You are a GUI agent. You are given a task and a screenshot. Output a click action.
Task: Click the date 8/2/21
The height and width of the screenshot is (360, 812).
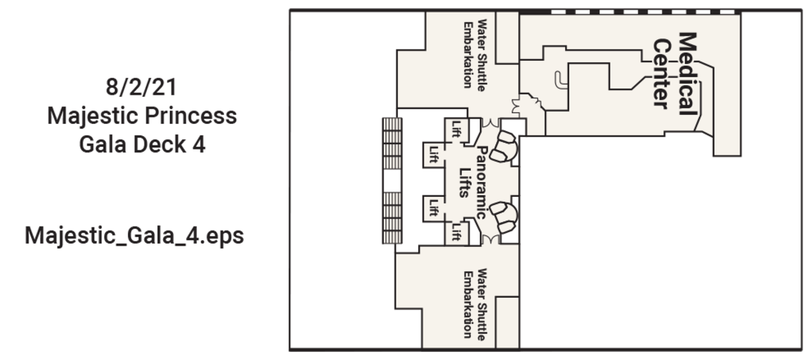point(141,87)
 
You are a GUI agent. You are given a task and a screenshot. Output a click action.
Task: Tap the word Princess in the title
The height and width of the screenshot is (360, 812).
point(191,116)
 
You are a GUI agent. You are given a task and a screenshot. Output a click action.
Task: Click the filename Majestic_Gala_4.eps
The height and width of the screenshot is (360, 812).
point(134,236)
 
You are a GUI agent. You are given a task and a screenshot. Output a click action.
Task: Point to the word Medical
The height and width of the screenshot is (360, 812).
point(688,74)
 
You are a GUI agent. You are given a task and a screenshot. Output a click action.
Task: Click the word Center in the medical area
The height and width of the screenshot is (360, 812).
point(662,74)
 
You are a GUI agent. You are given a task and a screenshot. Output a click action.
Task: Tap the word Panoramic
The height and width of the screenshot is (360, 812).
point(481,182)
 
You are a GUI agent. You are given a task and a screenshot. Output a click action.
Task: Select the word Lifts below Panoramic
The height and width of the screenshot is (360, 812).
point(465,183)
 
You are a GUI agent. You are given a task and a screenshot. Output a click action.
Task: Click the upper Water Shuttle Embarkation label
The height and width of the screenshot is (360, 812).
point(475,55)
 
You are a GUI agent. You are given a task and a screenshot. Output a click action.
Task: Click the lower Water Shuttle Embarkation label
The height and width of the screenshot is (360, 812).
point(475,304)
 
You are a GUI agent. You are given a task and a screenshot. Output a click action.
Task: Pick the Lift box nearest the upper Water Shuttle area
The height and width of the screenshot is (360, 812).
point(456,130)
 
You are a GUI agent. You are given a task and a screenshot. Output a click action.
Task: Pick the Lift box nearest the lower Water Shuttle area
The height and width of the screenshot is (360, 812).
point(456,233)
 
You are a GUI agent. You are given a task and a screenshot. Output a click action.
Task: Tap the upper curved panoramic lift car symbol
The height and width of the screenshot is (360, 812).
point(504,145)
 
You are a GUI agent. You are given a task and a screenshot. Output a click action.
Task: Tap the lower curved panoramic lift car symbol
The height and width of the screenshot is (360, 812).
point(504,217)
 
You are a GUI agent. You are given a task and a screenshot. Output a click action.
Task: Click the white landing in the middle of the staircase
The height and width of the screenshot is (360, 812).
point(392,181)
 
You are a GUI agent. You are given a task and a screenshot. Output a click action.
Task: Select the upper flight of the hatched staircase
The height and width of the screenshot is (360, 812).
point(392,143)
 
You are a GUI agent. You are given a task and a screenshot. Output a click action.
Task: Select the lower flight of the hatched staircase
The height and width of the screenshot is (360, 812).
point(392,218)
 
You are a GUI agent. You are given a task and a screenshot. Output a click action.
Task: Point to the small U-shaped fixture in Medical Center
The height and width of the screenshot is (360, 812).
point(561,79)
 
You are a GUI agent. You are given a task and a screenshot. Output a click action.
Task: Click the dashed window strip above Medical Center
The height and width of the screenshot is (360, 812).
point(644,12)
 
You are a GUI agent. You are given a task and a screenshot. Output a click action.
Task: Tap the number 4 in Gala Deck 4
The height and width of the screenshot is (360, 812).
point(200,144)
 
